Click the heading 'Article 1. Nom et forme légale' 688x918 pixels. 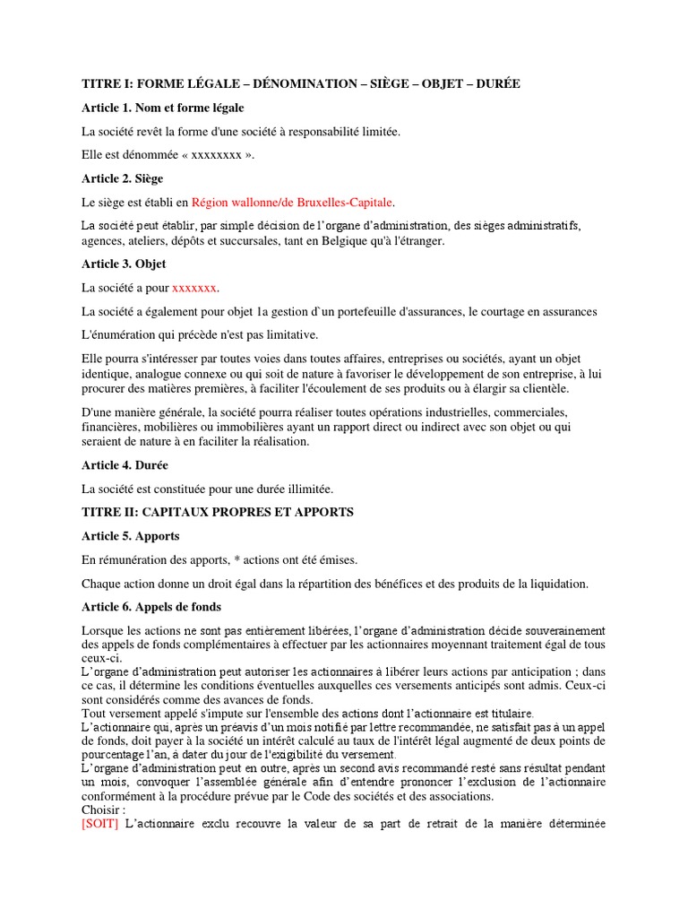tap(162, 108)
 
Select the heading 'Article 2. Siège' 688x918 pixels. tap(122, 178)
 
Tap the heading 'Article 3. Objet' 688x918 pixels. tap(124, 264)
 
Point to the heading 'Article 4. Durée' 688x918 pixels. tap(125, 465)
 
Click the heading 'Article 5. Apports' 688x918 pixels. tap(131, 536)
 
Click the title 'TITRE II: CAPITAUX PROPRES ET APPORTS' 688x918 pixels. tap(218, 512)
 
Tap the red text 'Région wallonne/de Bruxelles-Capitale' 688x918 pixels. tap(292, 203)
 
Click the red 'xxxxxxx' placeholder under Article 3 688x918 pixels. tap(194, 288)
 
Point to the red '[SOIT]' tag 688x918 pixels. tap(101, 824)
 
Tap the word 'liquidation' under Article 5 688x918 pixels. tap(555, 585)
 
